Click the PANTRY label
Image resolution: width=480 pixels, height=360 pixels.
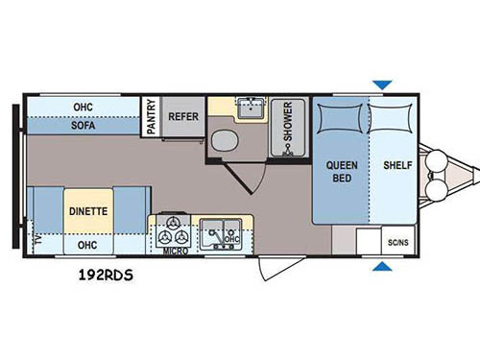pyautogui.click(x=150, y=115)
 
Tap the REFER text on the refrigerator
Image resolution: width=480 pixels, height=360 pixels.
pyautogui.click(x=182, y=115)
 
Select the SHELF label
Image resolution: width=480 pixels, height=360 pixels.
pyautogui.click(x=397, y=165)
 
